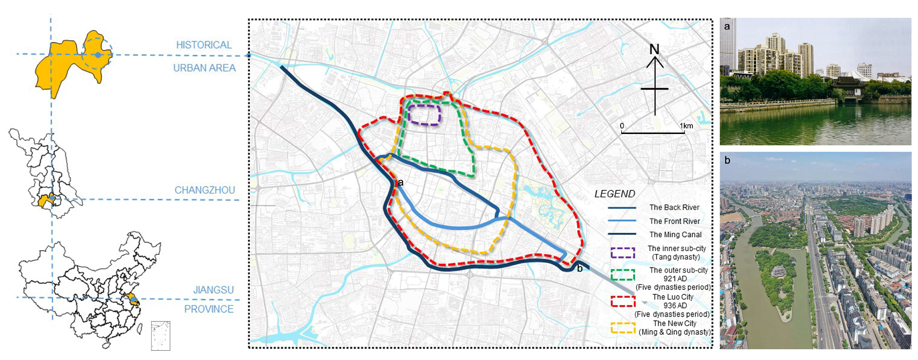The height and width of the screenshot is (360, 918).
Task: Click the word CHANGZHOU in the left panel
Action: coord(204,190)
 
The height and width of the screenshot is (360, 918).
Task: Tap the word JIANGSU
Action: coord(214,290)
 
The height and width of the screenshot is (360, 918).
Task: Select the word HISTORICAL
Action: coord(204,45)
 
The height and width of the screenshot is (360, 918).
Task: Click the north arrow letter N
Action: coord(654,50)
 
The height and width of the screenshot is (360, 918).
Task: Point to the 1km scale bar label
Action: coord(686,126)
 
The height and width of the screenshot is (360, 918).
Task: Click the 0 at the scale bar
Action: coord(622,126)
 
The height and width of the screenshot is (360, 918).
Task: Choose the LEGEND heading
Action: coord(615,194)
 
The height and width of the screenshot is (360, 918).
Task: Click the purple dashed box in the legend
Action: coord(623,253)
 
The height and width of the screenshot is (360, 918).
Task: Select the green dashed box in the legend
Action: coord(623,275)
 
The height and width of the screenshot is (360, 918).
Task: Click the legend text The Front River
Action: coord(674,221)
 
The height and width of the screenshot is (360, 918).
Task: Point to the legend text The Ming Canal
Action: coord(675,235)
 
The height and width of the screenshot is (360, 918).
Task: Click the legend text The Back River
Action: coord(674,207)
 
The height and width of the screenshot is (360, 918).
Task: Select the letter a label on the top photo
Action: coord(727,27)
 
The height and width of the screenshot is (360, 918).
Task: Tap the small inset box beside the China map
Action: coord(160,336)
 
